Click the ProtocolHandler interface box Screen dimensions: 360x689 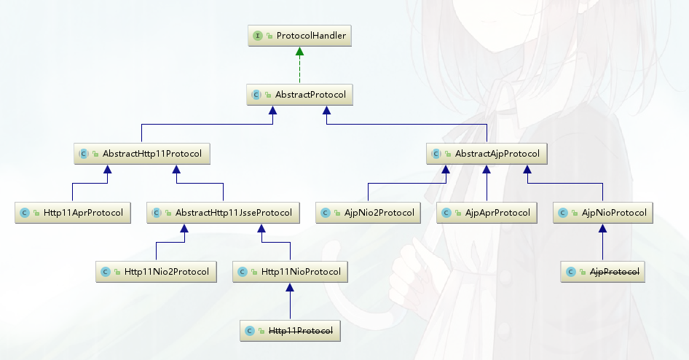coord(299,36)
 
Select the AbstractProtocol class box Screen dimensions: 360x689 coord(299,95)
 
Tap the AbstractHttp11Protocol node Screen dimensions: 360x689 coord(142,154)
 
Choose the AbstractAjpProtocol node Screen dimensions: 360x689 coord(486,154)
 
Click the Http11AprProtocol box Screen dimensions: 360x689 coord(72,213)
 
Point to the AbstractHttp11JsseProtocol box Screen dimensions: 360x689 coord(223,213)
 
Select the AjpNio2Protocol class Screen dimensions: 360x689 coord(369,213)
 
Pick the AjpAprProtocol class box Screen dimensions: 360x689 coord(487,213)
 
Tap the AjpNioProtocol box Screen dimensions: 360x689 coord(602,213)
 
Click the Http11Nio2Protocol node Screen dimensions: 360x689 coord(156,272)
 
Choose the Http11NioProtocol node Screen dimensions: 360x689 coord(290,272)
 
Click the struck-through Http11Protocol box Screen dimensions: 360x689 coord(290,331)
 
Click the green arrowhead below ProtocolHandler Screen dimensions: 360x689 coord(299,52)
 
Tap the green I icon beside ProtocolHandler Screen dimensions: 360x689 coord(258,36)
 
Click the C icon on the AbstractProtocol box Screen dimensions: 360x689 coord(256,95)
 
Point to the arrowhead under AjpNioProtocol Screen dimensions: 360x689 coord(602,229)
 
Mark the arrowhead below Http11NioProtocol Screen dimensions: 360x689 coord(290,288)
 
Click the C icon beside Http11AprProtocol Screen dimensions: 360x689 coord(25,213)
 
